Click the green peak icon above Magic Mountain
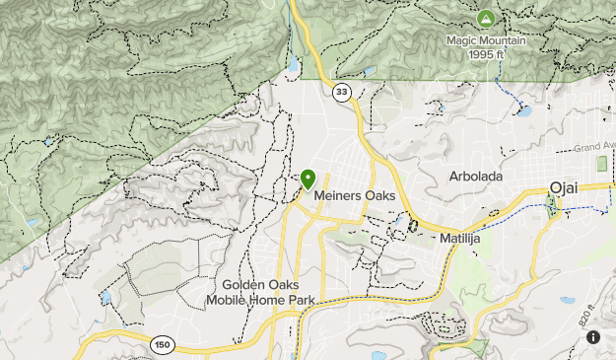pos(485,19)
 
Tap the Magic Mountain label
pos(486,40)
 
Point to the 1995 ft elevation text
pos(486,54)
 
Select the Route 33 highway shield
pos(341,92)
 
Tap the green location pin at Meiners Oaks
pos(308,179)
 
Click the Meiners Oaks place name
pos(355,196)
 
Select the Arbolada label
pos(475,177)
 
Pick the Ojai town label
pos(564,188)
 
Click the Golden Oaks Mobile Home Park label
pos(253,292)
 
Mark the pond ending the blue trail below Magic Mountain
pos(523,111)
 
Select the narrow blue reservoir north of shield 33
pos(293,67)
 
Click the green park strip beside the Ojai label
pos(550,206)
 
